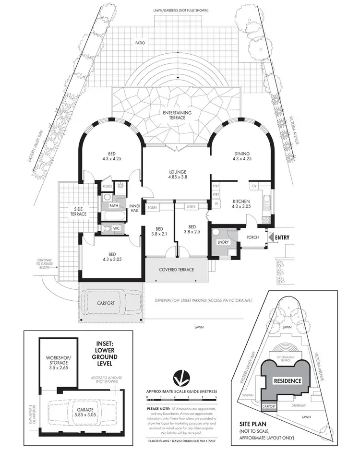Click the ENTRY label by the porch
point(282,237)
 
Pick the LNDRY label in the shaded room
point(223,242)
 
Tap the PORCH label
point(252,237)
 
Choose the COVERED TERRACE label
point(177,270)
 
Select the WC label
point(116,229)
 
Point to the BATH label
point(114,205)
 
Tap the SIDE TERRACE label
point(80,212)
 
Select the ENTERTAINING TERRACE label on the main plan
point(177,115)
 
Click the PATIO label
point(140,43)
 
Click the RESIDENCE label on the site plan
point(287,381)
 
